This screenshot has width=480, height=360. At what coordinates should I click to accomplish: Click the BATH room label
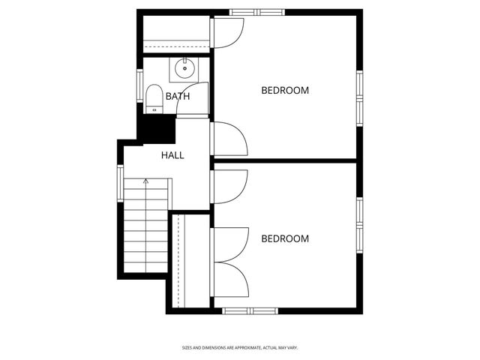(178, 96)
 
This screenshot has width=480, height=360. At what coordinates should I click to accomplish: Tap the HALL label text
(172, 155)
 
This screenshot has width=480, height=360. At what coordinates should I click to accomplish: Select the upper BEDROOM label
(285, 91)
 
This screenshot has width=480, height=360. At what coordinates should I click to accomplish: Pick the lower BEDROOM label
(285, 239)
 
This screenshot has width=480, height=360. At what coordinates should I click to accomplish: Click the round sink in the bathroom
(184, 70)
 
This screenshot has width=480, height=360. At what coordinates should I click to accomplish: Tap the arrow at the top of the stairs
(146, 181)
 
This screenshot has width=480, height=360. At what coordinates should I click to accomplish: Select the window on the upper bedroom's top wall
(257, 12)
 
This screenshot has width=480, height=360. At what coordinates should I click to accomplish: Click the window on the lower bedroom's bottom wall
(250, 310)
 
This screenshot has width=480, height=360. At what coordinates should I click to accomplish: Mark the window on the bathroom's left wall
(139, 84)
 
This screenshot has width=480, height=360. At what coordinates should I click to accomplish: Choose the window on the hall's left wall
(120, 183)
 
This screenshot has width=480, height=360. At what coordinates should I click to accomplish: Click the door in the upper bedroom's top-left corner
(227, 32)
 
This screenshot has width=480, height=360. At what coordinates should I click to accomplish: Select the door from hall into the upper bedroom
(229, 139)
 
